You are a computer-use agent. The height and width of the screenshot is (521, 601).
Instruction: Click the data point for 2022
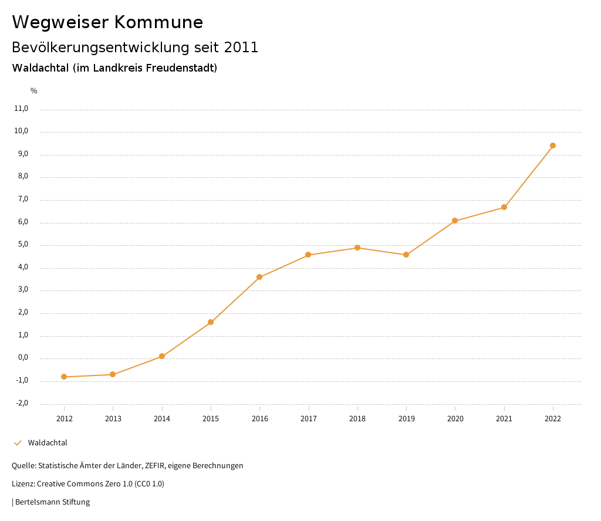(553, 146)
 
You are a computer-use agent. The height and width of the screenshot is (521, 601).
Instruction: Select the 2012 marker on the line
(64, 377)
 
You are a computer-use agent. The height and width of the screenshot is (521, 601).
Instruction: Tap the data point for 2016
(259, 277)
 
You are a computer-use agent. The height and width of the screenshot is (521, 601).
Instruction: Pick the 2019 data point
(406, 255)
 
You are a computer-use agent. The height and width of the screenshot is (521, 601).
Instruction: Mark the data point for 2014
(162, 356)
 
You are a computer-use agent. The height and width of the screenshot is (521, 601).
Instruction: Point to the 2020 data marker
(455, 221)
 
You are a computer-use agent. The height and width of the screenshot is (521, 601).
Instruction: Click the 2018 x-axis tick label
(357, 419)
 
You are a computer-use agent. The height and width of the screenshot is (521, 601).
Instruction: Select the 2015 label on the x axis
(211, 419)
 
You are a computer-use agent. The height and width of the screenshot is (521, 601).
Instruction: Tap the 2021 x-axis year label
(504, 419)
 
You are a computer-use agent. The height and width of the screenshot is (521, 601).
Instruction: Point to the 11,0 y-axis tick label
(21, 109)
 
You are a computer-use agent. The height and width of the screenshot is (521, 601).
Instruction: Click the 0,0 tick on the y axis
(22, 358)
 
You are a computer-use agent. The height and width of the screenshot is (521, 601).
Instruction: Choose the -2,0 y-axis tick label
(22, 403)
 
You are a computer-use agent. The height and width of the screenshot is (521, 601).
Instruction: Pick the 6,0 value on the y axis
(22, 222)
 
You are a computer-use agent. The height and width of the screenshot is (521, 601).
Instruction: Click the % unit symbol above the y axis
(34, 91)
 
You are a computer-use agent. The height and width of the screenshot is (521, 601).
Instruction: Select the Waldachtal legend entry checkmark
(18, 443)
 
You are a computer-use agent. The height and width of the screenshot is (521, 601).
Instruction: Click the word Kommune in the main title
(158, 22)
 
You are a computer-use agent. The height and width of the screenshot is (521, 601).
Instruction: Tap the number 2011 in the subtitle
(241, 48)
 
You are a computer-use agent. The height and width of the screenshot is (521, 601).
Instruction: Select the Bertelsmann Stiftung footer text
(52, 502)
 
